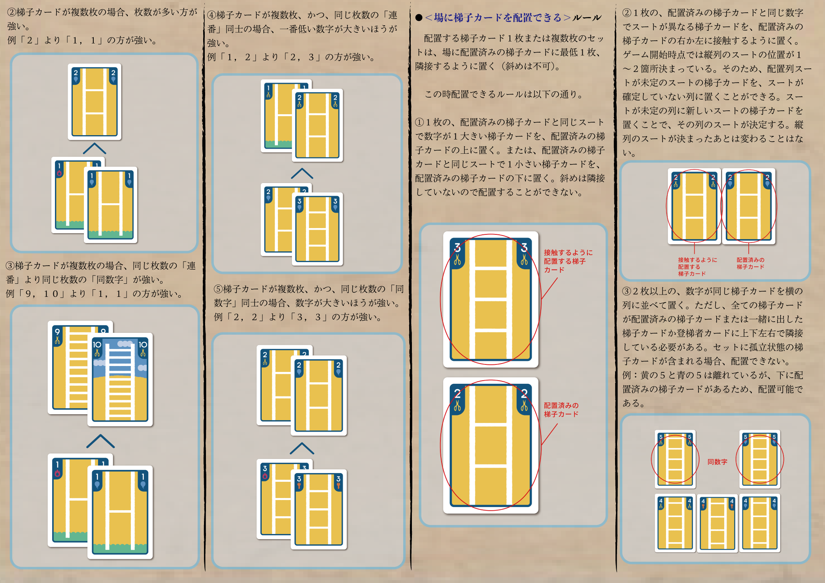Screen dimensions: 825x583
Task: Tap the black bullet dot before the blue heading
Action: (419, 18)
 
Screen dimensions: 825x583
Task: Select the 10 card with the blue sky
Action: (120, 379)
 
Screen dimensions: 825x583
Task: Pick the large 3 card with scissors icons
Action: (491, 299)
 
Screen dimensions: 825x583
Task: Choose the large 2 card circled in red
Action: (491, 445)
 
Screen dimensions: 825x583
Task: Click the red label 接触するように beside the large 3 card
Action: (568, 253)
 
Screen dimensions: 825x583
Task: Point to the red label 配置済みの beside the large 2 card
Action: (561, 406)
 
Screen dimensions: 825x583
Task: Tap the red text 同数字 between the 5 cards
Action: (717, 462)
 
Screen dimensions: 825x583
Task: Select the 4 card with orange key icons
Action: (717, 523)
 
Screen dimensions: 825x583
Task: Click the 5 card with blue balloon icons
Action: (760, 459)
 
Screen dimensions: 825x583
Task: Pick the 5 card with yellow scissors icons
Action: (675, 459)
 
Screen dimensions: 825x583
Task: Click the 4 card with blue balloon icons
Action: (760, 523)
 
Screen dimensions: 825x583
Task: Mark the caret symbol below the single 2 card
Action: (94, 149)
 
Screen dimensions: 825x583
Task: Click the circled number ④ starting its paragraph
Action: (212, 15)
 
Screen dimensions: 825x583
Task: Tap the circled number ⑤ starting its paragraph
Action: (218, 289)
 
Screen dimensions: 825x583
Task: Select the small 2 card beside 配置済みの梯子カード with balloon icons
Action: (749, 206)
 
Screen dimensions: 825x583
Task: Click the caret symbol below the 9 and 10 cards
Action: (100, 441)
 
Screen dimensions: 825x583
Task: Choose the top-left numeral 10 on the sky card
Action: (97, 345)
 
